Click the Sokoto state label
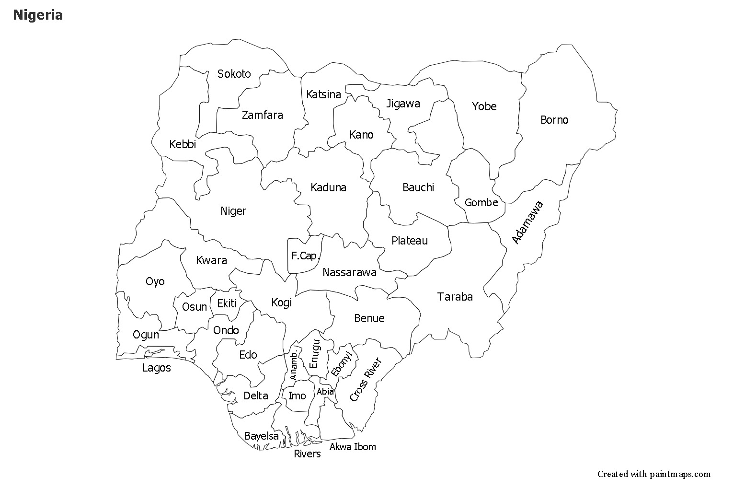click(234, 74)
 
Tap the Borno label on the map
click(554, 120)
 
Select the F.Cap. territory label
click(305, 256)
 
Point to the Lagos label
click(157, 368)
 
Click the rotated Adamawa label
click(528, 222)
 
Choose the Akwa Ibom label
click(353, 447)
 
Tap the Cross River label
click(365, 379)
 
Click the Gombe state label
click(481, 203)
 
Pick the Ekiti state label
click(227, 303)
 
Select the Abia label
click(325, 392)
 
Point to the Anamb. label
click(294, 365)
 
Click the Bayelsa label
click(262, 436)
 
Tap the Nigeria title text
click(38, 15)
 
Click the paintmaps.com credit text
click(654, 474)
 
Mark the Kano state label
click(361, 135)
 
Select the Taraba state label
click(455, 297)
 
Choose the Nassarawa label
click(349, 273)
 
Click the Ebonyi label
click(342, 364)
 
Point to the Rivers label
click(307, 454)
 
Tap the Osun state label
click(195, 307)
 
